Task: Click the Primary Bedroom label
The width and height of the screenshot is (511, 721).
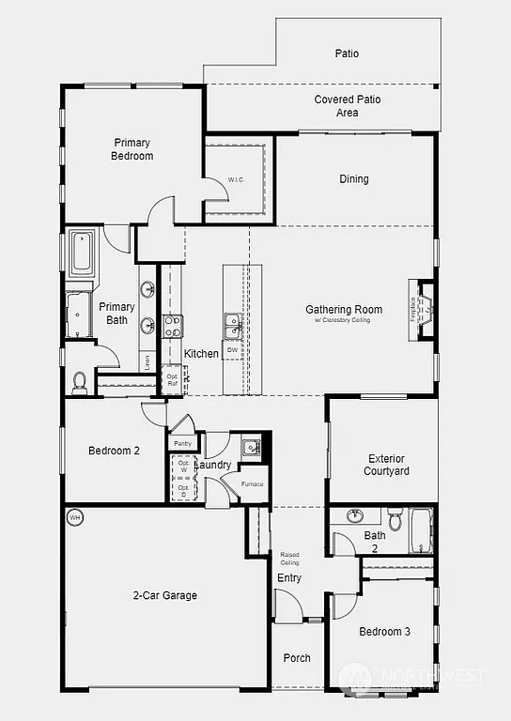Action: tap(132, 149)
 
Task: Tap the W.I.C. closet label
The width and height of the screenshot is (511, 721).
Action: tap(236, 179)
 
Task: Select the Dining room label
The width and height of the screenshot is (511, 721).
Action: tap(353, 179)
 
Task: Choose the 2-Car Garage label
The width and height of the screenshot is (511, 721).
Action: tap(165, 595)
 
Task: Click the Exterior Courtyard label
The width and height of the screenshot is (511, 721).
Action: tap(386, 465)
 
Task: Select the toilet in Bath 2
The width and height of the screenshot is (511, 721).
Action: tap(395, 518)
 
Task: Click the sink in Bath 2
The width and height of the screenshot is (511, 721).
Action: tap(354, 515)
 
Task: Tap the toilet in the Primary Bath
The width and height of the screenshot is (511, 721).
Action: tap(81, 381)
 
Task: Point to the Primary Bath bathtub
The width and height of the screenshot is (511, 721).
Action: tap(82, 253)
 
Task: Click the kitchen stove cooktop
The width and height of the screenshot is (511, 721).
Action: tap(174, 326)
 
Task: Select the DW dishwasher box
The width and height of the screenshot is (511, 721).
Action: tap(232, 349)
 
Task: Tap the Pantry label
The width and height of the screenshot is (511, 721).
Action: tap(182, 443)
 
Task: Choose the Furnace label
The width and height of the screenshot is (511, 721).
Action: tap(252, 483)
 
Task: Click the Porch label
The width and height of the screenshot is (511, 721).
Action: tap(297, 658)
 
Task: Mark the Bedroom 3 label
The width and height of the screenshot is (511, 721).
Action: tap(384, 632)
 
